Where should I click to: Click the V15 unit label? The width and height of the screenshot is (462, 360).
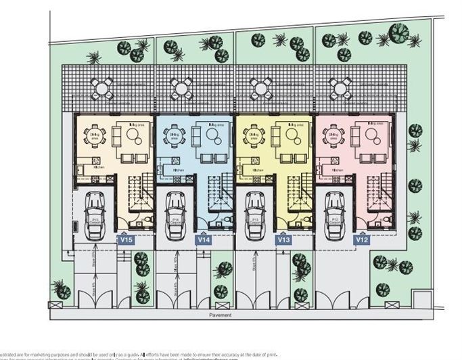[x=126, y=240]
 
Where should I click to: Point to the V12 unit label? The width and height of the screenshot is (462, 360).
[x=363, y=240]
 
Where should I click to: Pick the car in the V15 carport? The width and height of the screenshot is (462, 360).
[x=95, y=215]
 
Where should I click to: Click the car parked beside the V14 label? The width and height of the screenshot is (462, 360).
[x=175, y=215]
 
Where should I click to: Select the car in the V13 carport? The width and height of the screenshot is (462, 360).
[x=255, y=215]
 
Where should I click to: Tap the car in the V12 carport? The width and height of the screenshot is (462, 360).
[x=334, y=215]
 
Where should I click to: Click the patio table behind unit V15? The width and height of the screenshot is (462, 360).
[x=102, y=87]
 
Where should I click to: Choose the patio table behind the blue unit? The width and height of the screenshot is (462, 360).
[x=181, y=87]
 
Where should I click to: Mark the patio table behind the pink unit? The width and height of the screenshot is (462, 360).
[x=340, y=87]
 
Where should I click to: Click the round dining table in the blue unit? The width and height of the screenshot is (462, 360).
[x=175, y=135]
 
